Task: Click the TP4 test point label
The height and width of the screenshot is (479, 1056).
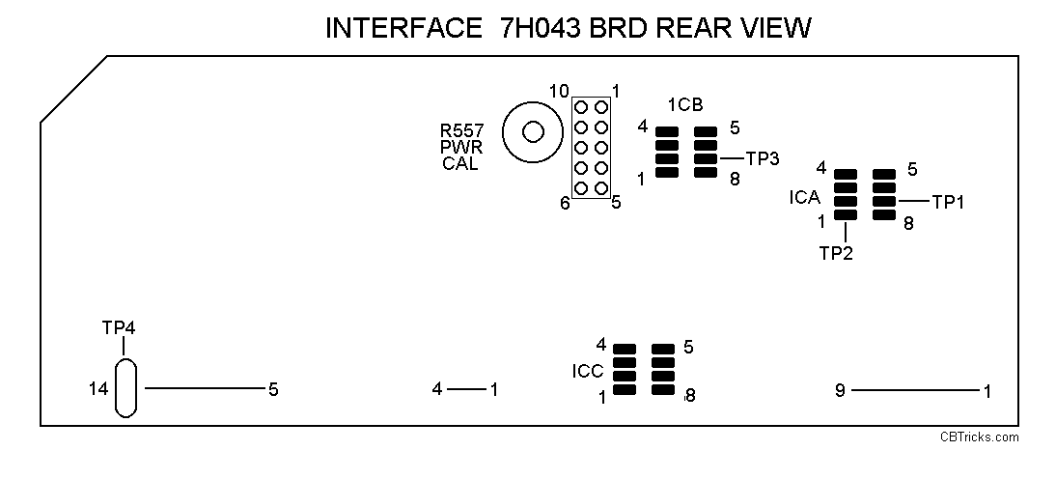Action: tap(119, 327)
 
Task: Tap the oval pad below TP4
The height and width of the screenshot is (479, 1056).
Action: tap(125, 389)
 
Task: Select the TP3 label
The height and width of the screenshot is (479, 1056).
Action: tap(762, 158)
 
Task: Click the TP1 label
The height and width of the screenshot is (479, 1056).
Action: tap(948, 202)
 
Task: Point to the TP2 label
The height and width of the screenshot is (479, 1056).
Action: tap(836, 253)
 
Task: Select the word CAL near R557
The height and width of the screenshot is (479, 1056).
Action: tap(460, 163)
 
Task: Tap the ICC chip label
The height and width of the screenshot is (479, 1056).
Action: tap(588, 370)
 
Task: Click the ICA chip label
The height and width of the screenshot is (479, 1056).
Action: tap(804, 198)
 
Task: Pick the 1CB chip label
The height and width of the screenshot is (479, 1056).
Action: tap(684, 104)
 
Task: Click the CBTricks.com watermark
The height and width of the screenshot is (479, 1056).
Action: tap(980, 437)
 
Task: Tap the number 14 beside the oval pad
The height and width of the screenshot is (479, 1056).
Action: tap(97, 389)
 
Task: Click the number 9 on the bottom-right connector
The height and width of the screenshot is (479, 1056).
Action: tap(841, 390)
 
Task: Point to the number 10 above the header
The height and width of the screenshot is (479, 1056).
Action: tap(559, 92)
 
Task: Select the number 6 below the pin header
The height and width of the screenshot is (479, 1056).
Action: tap(565, 203)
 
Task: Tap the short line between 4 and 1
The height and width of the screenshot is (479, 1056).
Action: tap(467, 389)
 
